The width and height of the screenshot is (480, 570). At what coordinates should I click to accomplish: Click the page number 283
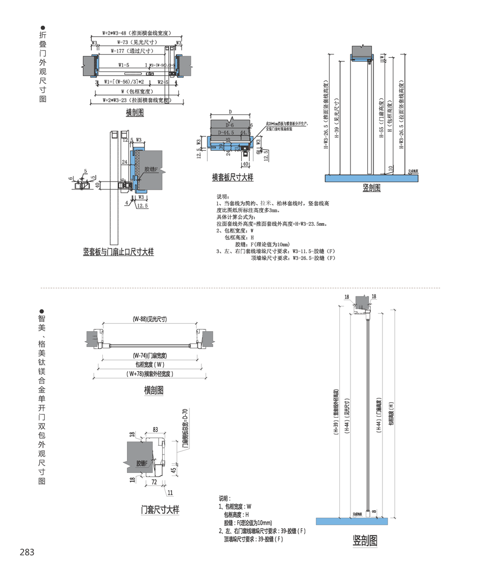[x=27, y=552]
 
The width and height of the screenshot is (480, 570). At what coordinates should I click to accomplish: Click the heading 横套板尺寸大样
[x=232, y=178]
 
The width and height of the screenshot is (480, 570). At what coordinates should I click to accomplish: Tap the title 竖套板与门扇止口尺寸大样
[x=119, y=252]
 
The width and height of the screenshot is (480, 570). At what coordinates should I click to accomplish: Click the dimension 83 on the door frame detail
[x=156, y=430]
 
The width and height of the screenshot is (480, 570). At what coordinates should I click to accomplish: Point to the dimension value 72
[x=154, y=480]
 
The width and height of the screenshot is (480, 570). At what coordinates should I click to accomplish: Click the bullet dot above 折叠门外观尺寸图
[x=43, y=27]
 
